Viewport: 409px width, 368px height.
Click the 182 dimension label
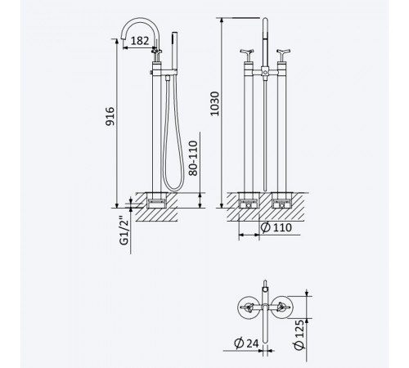(x=140, y=41)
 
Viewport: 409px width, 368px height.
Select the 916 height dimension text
(x=110, y=116)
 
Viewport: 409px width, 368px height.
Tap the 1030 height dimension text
(x=215, y=104)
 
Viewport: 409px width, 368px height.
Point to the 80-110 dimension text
(x=193, y=158)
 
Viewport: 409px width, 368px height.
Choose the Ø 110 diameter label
(x=276, y=227)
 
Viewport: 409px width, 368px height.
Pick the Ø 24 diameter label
(x=246, y=343)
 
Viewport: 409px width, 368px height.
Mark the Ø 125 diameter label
(x=299, y=334)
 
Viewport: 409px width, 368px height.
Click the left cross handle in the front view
(x=247, y=56)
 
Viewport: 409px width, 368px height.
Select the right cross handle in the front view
(x=283, y=56)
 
